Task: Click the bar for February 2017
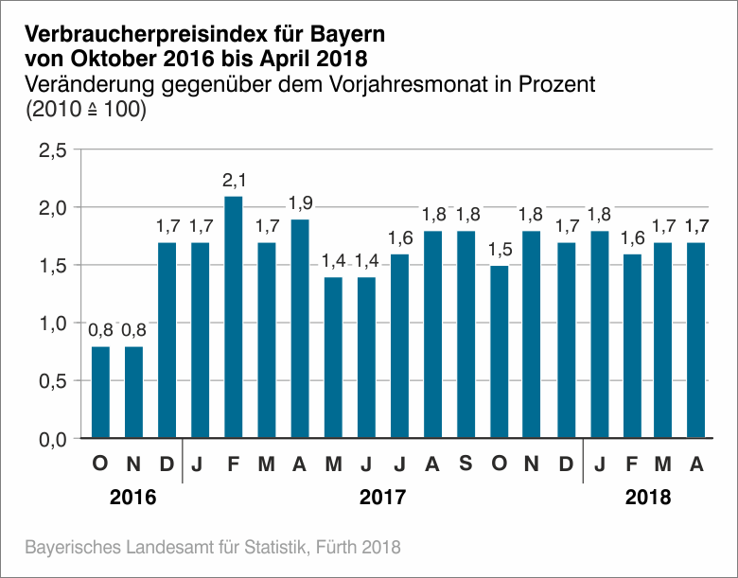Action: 234,318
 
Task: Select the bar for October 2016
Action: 100,393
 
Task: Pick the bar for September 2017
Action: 466,335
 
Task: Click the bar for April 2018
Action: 696,341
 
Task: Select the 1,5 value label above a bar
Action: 499,252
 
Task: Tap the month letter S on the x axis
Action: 466,464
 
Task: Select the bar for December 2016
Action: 167,341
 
